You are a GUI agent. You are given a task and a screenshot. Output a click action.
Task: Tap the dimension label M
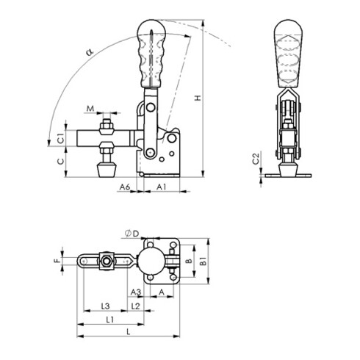(90, 110)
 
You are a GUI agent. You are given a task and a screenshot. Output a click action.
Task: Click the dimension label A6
(125, 188)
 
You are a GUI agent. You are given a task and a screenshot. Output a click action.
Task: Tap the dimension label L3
(104, 305)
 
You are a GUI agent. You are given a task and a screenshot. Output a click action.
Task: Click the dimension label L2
(135, 305)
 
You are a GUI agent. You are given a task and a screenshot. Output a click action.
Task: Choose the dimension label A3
(137, 292)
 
